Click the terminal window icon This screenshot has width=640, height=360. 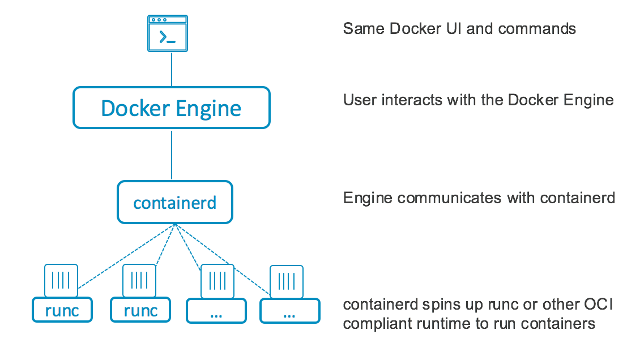(x=168, y=33)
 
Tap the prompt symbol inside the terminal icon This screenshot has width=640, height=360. (x=167, y=38)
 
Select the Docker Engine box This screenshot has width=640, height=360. (x=171, y=108)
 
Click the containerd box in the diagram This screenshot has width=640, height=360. (x=174, y=202)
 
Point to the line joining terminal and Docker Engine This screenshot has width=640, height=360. (x=171, y=69)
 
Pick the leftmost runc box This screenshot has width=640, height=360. (x=62, y=310)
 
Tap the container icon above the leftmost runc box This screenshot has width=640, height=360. (x=61, y=280)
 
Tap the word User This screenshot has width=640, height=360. (x=358, y=100)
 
